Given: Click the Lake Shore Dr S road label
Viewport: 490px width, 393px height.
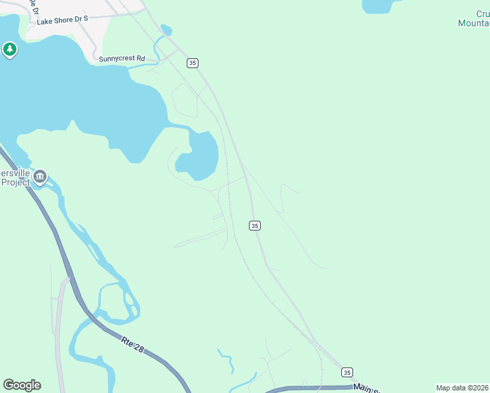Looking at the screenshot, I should (x=62, y=20).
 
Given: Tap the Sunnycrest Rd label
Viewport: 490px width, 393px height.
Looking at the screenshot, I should (x=122, y=58).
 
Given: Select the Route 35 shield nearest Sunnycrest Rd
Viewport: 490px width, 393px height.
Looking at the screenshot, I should (x=192, y=63).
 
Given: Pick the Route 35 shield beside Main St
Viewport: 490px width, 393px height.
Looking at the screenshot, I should (x=347, y=372).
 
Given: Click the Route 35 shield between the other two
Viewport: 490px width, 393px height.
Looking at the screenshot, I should (x=255, y=225).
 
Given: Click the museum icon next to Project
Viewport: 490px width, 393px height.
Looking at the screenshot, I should (x=40, y=176).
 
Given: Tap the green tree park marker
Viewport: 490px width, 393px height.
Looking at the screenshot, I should (x=9, y=49).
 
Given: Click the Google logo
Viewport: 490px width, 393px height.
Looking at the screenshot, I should (x=22, y=385).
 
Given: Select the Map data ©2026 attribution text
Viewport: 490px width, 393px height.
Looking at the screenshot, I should (x=462, y=388).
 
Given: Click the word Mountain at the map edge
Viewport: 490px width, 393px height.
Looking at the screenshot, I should (x=474, y=23).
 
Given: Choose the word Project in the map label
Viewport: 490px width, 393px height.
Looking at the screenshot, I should (x=16, y=182).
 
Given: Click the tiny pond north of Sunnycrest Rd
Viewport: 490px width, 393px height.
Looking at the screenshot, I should (x=166, y=29).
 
